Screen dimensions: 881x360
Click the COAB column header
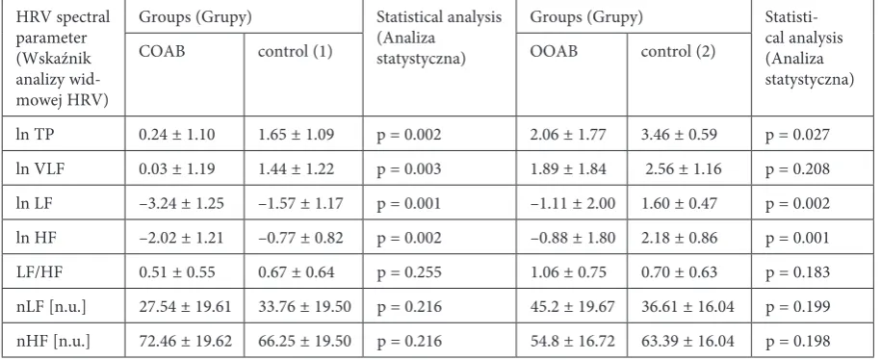[162, 52]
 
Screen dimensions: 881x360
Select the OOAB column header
[554, 52]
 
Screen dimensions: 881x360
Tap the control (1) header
[296, 52]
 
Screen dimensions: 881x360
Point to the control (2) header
[678, 52]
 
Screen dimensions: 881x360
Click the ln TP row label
[35, 135]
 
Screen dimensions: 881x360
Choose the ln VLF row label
[40, 169]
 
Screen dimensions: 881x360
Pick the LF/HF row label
[39, 272]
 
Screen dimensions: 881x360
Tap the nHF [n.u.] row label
[53, 341]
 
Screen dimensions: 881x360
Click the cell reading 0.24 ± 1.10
[177, 135]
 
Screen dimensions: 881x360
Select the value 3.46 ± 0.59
[679, 135]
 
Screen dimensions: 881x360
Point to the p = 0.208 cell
[797, 169]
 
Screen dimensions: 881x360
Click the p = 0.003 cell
[408, 169]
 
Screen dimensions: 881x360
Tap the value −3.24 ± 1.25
[181, 203]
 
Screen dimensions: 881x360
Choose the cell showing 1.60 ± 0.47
[679, 203]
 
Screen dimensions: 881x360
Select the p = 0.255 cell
[408, 273]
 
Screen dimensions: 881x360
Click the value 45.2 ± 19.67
[573, 307]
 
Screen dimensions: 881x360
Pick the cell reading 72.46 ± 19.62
[185, 341]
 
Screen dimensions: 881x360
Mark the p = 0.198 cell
[797, 342]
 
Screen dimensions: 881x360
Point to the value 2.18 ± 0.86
[679, 238]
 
